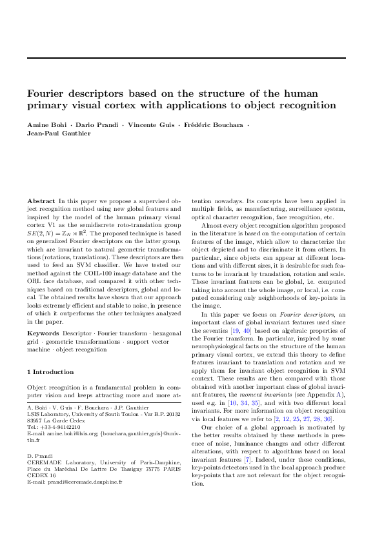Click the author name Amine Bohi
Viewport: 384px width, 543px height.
[45, 123]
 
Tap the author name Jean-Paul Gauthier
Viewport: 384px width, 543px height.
[59, 133]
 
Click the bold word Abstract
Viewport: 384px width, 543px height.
[41, 202]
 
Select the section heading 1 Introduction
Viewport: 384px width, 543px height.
[50, 372]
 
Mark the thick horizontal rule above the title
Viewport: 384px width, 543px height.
[186, 58]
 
